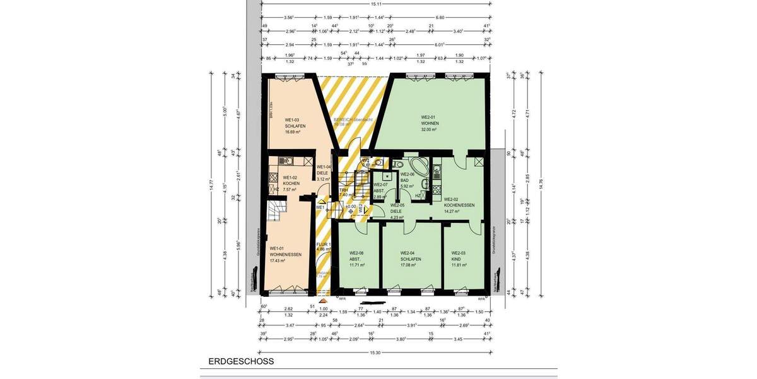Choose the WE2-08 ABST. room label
(357, 259)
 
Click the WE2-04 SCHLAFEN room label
(411, 259)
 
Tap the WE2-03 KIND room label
(461, 259)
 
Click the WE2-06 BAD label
(407, 180)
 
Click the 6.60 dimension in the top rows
(440, 17)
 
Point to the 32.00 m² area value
(430, 129)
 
